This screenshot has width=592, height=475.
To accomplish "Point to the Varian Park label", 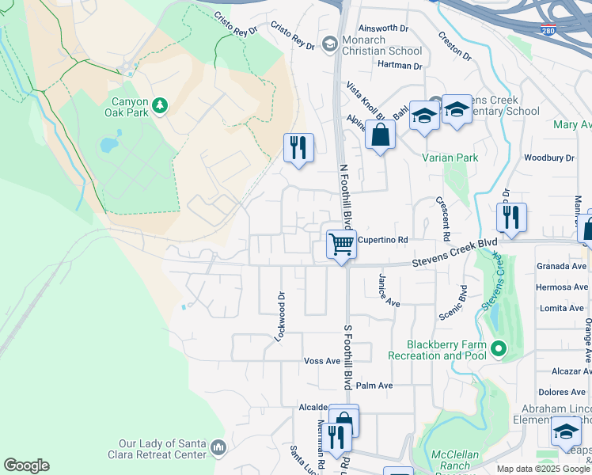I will (x=450, y=158).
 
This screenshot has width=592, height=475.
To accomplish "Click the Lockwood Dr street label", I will (x=279, y=316).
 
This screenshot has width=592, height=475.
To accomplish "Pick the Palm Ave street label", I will (x=374, y=386).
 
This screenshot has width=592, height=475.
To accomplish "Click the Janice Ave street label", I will (x=389, y=292).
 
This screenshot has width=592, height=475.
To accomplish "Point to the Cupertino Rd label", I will (x=382, y=239).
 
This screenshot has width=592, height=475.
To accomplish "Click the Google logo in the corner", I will (x=27, y=465).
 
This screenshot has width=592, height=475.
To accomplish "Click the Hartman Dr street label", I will (x=400, y=64).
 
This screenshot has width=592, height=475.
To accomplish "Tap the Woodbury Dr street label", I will (x=548, y=158).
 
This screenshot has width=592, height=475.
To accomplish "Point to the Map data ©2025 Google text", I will (x=543, y=469).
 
